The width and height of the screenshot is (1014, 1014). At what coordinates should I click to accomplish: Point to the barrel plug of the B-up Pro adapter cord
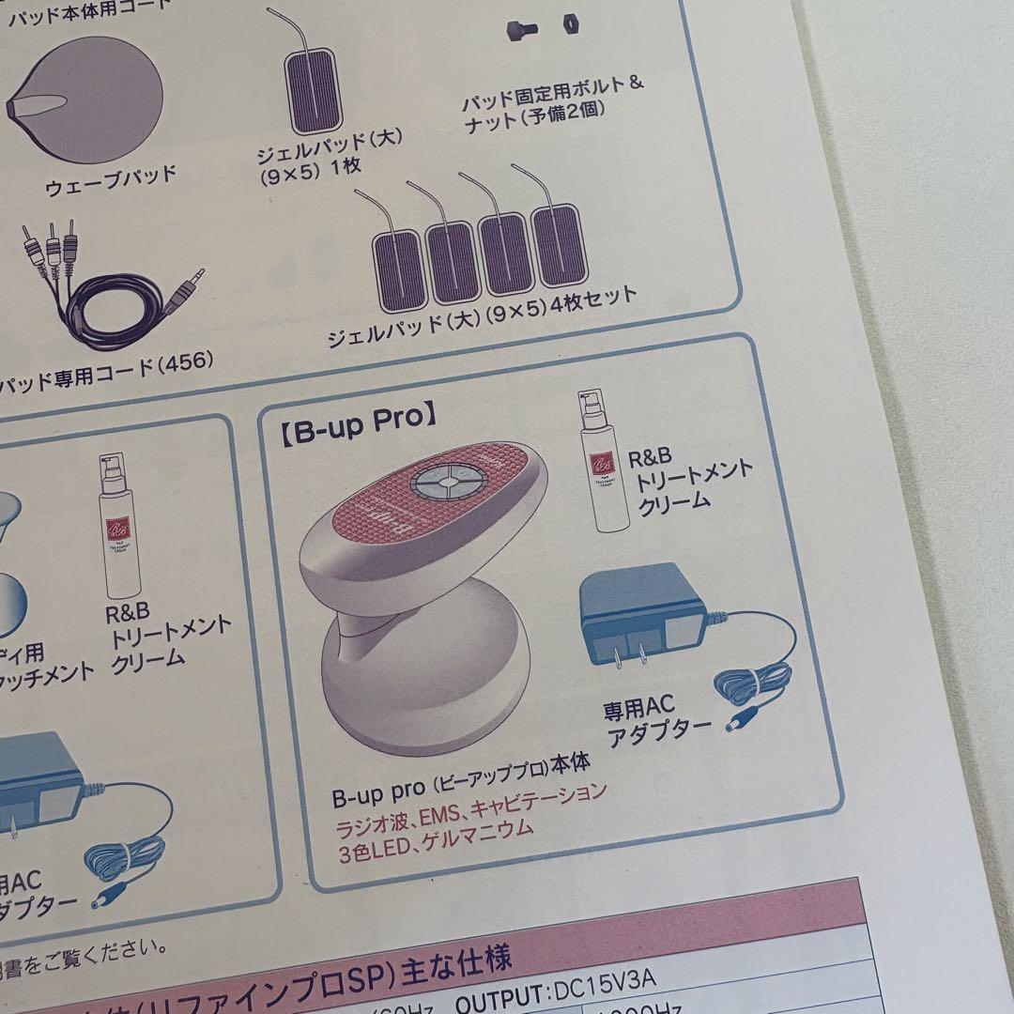click(x=739, y=725)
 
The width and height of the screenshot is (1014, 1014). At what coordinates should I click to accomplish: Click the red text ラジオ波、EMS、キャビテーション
click(x=469, y=807)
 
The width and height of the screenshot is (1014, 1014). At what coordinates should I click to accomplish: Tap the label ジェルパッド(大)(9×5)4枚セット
click(x=482, y=318)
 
